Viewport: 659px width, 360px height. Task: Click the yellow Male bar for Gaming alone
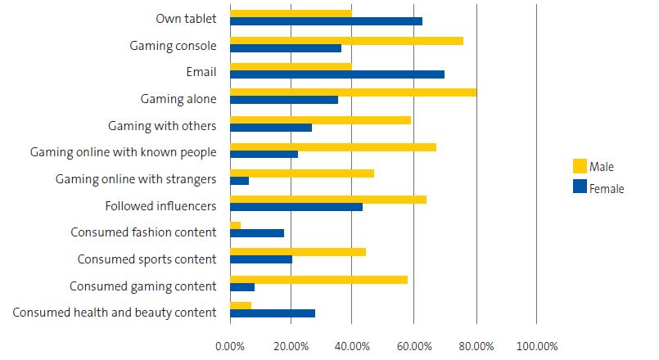(353, 92)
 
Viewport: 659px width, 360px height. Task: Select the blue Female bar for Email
(336, 74)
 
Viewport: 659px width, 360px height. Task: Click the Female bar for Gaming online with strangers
(239, 181)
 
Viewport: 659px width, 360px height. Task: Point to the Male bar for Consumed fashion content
(235, 226)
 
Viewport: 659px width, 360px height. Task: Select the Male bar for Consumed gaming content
(318, 279)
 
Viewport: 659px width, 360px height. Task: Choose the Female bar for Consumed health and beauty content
(272, 313)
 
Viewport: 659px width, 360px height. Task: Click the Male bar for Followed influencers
(327, 199)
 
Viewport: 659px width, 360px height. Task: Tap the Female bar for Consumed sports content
(260, 260)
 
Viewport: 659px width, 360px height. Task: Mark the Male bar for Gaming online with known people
(332, 146)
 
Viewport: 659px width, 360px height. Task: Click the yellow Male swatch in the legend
(580, 167)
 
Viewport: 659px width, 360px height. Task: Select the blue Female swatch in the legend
(580, 187)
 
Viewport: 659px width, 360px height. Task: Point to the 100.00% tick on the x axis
(536, 346)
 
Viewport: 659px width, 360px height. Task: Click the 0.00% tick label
(230, 346)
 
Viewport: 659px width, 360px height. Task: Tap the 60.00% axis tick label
(413, 346)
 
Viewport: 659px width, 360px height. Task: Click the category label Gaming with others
(162, 126)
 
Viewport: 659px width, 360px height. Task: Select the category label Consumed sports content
(147, 259)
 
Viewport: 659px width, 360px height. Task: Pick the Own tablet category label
(186, 19)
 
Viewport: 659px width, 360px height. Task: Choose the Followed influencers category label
(160, 206)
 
